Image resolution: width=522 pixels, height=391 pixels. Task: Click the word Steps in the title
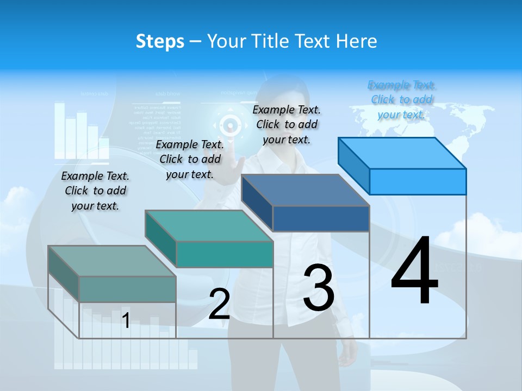click(x=160, y=41)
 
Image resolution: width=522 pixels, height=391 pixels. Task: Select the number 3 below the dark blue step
click(x=319, y=288)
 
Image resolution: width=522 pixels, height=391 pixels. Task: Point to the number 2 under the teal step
click(x=220, y=304)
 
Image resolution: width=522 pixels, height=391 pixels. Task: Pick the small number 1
click(x=126, y=320)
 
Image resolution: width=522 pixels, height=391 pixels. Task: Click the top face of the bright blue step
click(x=402, y=153)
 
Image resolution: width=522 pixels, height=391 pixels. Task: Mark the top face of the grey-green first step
click(x=112, y=261)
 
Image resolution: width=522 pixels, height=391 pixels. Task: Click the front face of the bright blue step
click(x=418, y=181)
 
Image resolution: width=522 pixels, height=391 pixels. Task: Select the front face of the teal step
click(x=224, y=254)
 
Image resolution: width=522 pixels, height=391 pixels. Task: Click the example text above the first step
click(x=95, y=191)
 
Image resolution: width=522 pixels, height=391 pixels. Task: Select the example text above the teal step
click(x=190, y=159)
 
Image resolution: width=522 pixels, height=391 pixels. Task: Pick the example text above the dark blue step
click(x=287, y=124)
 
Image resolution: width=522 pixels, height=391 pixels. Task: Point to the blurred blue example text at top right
click(x=402, y=99)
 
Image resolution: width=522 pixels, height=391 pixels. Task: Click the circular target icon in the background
click(x=231, y=126)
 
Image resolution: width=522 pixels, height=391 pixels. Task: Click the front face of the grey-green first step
click(x=127, y=289)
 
